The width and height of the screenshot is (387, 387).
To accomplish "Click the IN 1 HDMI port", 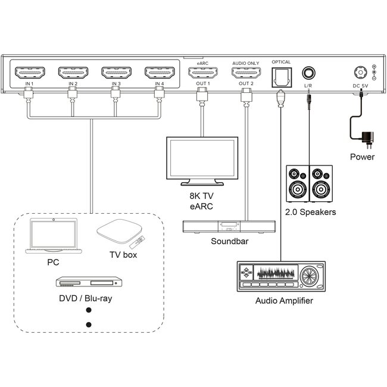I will coord(29,74).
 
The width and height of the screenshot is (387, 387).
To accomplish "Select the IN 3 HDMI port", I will coord(116,74).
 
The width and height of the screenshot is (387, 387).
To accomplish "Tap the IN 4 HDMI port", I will coord(159,74).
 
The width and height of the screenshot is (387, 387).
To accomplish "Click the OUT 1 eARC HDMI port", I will coord(203,74).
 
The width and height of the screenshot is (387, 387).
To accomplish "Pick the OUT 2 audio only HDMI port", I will coord(246,74).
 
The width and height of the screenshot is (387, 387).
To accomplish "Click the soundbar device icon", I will coord(229,226).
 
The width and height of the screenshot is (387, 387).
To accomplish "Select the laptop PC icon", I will coord(53,236).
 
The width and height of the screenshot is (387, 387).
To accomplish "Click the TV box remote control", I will coord(136,242).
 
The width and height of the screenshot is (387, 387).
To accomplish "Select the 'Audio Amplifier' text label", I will coord(284,301).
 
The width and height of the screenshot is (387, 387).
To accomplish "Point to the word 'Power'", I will coord(362,157).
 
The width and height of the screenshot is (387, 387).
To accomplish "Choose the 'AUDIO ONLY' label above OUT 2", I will coord(246,61).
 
